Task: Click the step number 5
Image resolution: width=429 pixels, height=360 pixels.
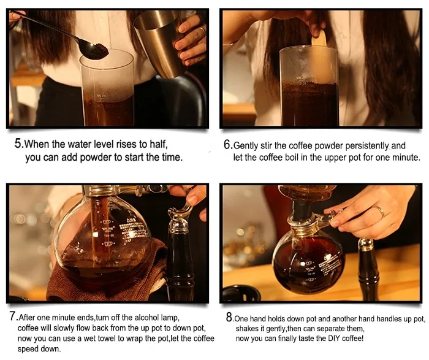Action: click(x=18, y=144)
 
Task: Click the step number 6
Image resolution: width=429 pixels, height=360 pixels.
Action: click(x=227, y=145)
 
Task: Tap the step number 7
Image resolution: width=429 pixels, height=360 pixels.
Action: click(x=13, y=316)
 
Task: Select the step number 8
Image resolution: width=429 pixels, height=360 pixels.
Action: click(x=229, y=317)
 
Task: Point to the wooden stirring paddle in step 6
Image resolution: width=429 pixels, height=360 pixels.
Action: click(x=319, y=55)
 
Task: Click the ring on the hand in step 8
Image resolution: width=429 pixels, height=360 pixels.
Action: click(x=379, y=211)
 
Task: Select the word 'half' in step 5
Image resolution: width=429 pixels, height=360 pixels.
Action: click(x=158, y=144)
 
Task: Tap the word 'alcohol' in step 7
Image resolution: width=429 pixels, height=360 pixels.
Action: click(x=147, y=318)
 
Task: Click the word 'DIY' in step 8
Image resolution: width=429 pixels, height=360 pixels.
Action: click(x=334, y=339)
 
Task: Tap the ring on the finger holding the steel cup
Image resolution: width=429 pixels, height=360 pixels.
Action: click(x=202, y=31)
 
